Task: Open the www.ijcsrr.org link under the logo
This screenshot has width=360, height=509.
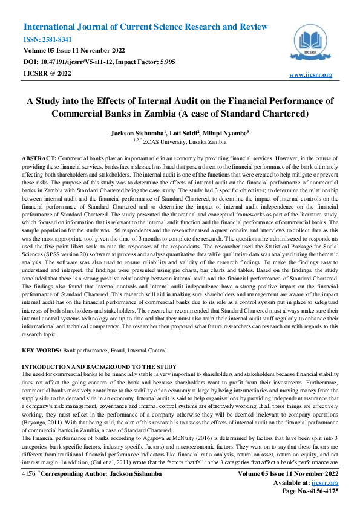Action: [x=311, y=74]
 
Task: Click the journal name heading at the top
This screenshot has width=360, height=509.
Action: [x=145, y=27]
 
